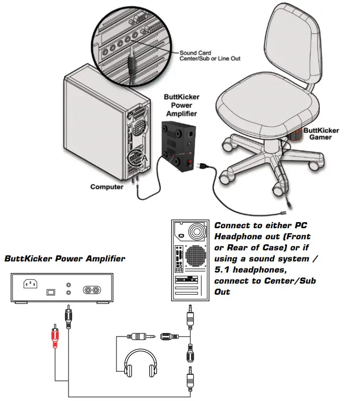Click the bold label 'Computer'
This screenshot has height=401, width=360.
click(x=107, y=187)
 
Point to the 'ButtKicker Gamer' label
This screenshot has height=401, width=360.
click(x=324, y=133)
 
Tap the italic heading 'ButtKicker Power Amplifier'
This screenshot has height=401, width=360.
click(x=65, y=259)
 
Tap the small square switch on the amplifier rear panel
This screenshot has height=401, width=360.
click(x=50, y=292)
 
